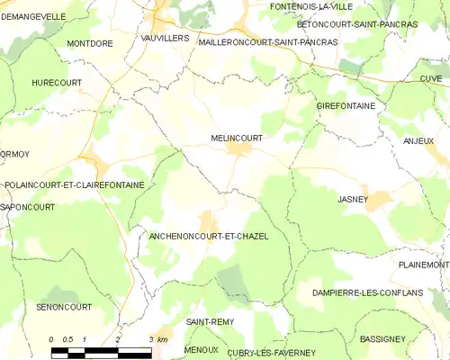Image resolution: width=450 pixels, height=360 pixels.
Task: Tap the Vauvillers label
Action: click(x=164, y=38)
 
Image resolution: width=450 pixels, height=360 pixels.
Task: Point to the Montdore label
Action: click(x=89, y=42)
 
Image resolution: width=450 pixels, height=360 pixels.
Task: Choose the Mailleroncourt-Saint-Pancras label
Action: click(x=256, y=42)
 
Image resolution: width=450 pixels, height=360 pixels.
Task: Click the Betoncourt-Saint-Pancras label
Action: click(x=347, y=24)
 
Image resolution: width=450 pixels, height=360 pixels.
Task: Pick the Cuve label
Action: click(x=430, y=79)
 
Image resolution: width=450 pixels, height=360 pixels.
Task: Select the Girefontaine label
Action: click(x=346, y=106)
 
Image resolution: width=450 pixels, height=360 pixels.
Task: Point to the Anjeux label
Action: click(x=418, y=141)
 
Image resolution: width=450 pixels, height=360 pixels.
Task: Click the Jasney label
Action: click(x=353, y=199)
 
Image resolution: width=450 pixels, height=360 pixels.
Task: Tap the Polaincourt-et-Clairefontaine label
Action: click(x=74, y=184)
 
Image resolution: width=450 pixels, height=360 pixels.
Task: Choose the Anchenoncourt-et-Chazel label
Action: click(x=208, y=236)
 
